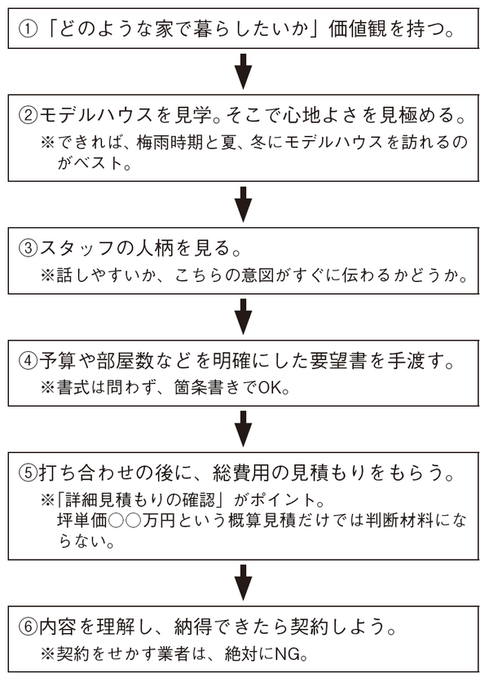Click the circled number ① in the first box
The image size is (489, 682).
pyautogui.click(x=29, y=32)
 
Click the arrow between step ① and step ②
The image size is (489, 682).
pyautogui.click(x=243, y=73)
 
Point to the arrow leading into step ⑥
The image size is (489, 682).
pyautogui.click(x=243, y=583)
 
